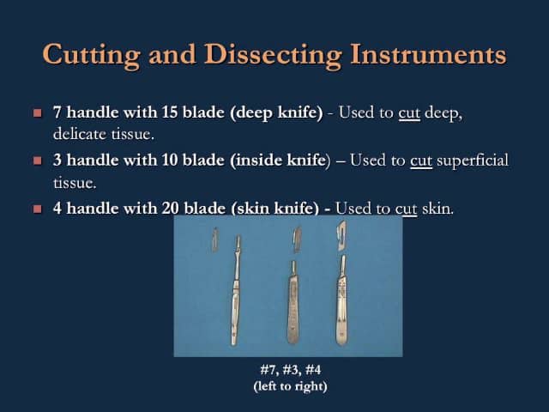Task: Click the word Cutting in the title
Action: [89, 55]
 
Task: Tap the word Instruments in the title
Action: [428, 55]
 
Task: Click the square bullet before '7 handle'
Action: [36, 113]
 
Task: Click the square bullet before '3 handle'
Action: [36, 161]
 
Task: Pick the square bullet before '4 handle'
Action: [36, 208]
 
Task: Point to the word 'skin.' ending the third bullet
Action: [437, 208]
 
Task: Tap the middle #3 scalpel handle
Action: [292, 300]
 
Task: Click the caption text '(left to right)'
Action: [290, 385]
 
